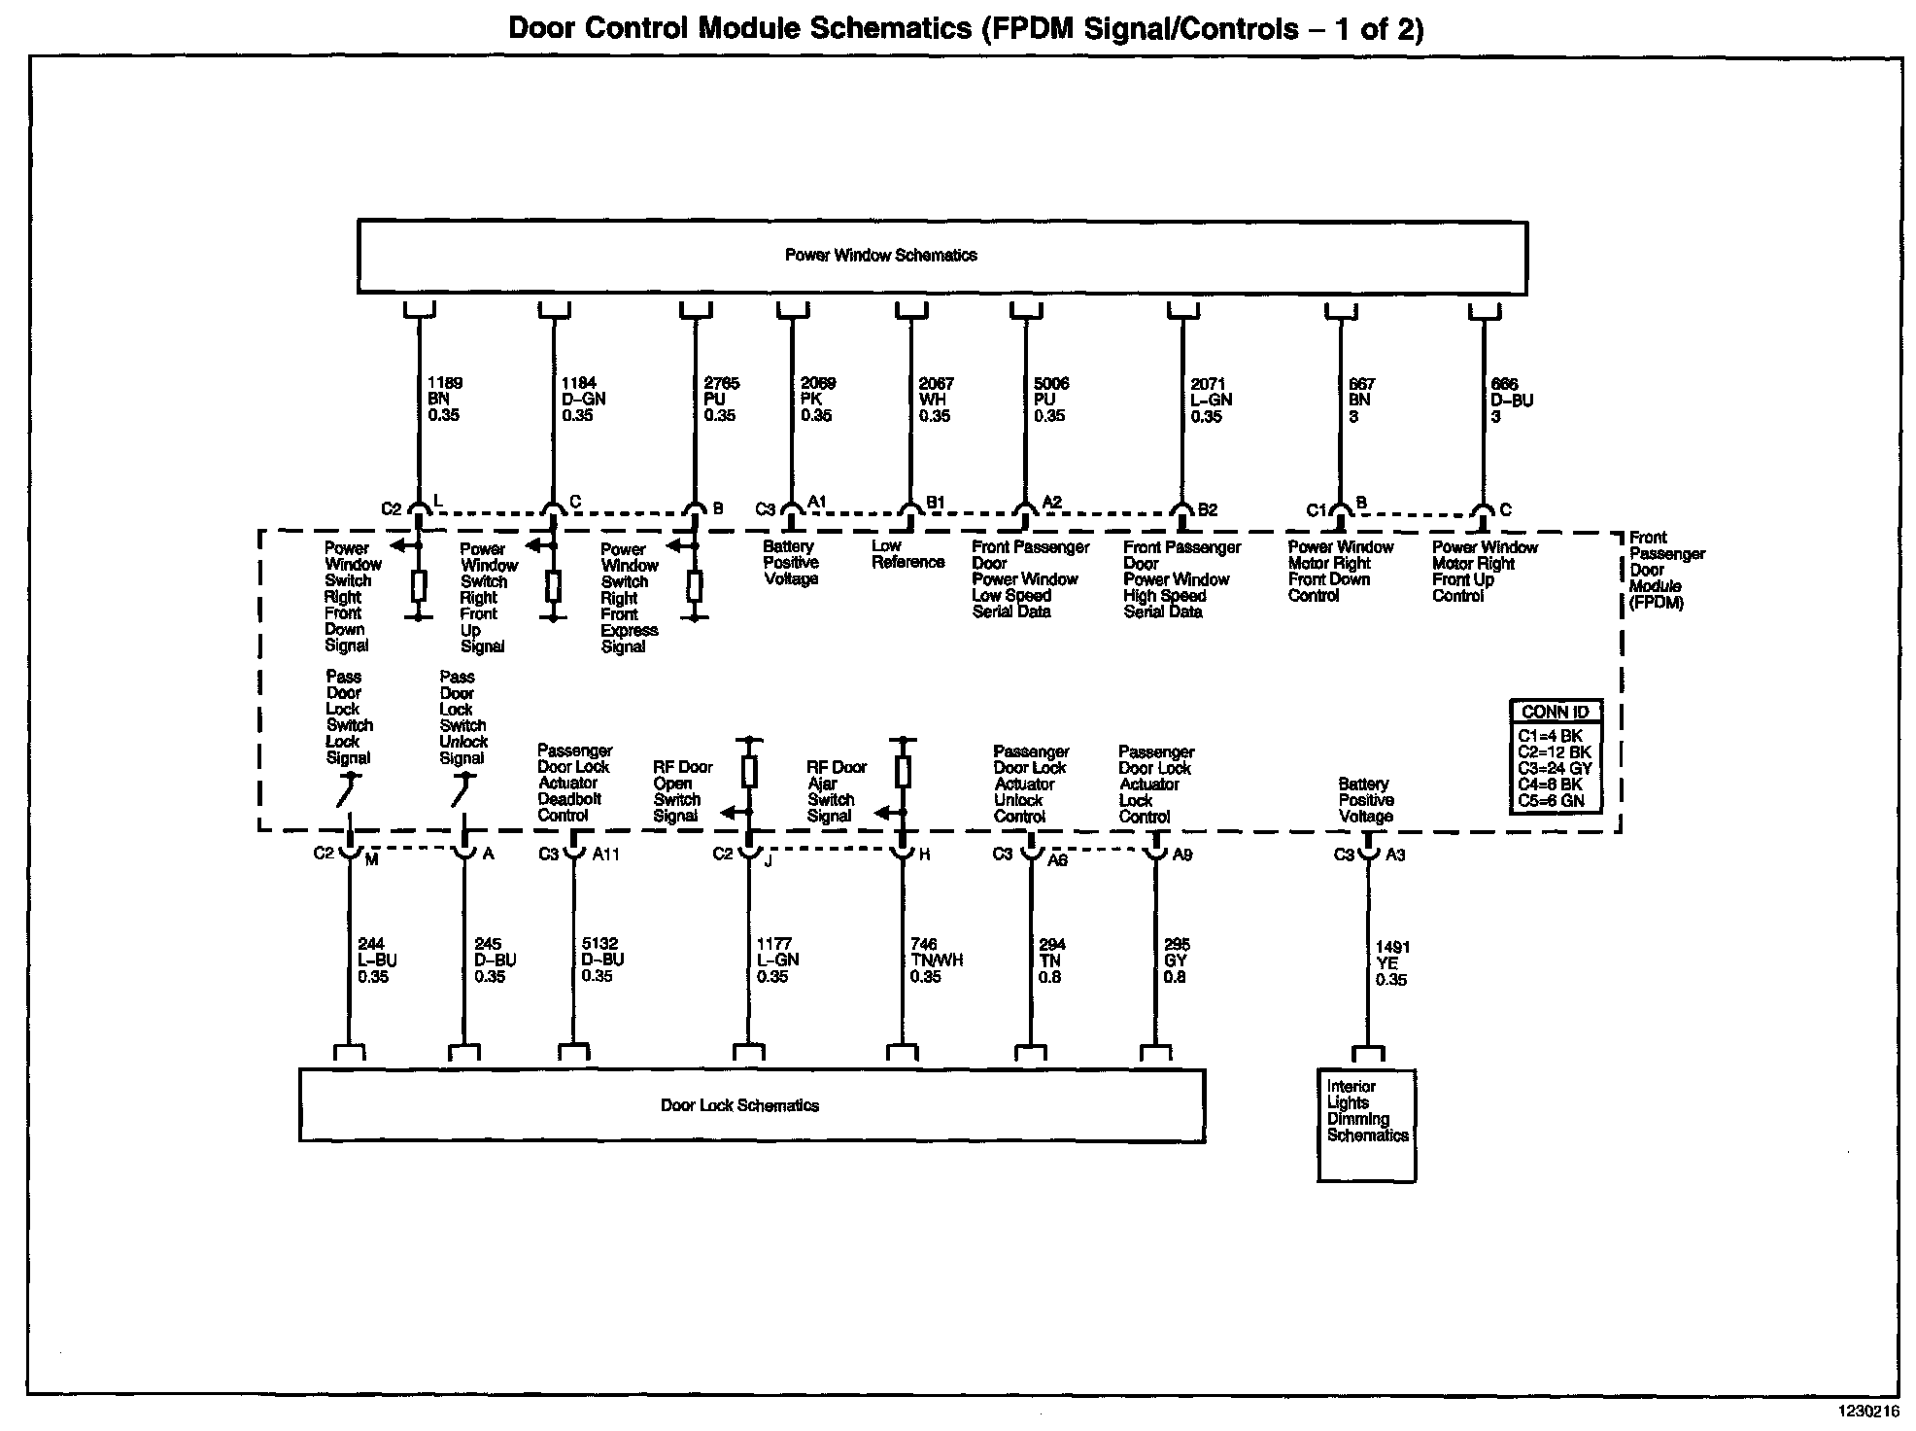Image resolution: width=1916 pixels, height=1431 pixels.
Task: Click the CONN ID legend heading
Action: [1555, 712]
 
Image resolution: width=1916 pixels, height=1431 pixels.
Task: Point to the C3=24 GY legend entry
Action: [1555, 768]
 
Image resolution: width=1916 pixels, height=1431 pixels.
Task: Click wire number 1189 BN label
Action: [445, 400]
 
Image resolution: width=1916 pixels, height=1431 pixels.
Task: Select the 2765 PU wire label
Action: [721, 400]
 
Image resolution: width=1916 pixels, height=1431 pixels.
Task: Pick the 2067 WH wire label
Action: [936, 400]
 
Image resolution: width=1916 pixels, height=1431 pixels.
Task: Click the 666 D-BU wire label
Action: [1511, 401]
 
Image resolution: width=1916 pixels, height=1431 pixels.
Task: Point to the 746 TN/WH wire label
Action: [936, 960]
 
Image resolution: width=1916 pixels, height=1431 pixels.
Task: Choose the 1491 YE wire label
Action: [1391, 963]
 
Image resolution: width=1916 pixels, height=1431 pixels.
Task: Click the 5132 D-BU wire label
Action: [601, 960]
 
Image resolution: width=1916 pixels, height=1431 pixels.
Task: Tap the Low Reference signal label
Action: [907, 554]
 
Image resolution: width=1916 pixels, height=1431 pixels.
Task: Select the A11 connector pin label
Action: [605, 855]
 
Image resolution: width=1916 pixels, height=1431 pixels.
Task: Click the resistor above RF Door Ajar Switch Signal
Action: [903, 772]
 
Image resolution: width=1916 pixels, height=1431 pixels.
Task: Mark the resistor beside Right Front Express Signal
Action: [695, 587]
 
